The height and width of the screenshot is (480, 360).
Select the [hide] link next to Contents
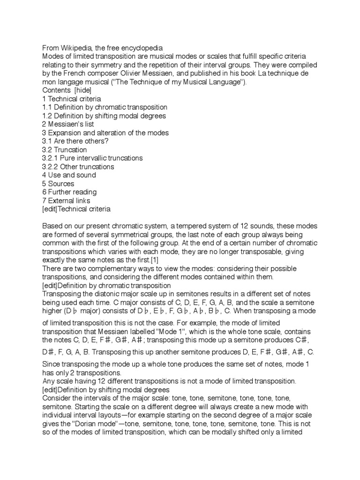(x=82, y=90)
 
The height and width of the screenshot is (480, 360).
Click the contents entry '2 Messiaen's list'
(x=68, y=124)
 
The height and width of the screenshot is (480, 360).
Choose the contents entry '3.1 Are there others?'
(x=75, y=141)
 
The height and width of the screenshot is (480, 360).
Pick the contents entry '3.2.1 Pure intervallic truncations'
(x=92, y=158)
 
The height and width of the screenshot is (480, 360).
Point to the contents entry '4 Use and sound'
(x=69, y=175)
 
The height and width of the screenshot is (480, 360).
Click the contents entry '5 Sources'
(x=58, y=183)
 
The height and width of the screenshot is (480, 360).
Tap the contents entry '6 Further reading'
(x=69, y=192)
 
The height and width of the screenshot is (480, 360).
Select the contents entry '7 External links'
(x=66, y=200)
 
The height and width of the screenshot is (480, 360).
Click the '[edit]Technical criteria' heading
(x=76, y=209)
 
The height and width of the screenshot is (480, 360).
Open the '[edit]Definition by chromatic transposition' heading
(x=106, y=285)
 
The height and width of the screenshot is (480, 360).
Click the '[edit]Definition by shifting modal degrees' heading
(x=105, y=389)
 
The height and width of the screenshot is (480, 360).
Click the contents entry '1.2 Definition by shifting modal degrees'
(x=104, y=116)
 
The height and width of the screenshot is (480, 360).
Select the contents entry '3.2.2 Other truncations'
(x=77, y=166)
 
